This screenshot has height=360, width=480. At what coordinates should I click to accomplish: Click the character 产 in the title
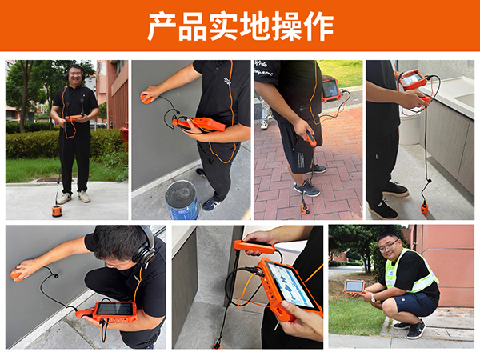(x=162, y=26)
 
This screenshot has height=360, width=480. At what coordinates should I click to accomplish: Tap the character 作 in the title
(x=318, y=26)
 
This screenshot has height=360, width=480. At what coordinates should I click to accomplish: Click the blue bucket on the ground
(x=182, y=201)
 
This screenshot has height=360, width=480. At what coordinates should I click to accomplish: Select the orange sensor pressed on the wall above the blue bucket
(x=148, y=98)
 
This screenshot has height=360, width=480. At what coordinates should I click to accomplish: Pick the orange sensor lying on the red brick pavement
(x=306, y=210)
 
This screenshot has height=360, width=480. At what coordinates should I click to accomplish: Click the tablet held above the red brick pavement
(x=330, y=89)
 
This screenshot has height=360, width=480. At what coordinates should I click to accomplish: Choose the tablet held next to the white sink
(x=411, y=80)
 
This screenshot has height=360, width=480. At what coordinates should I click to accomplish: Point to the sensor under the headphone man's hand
(x=17, y=275)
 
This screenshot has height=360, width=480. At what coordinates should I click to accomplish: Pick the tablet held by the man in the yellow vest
(x=354, y=286)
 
